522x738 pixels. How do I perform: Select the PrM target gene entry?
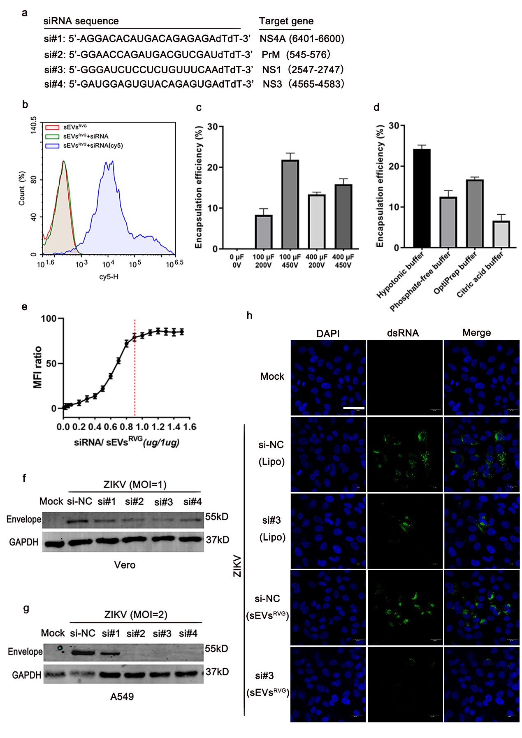tap(271, 54)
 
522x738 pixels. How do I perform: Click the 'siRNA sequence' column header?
tap(81, 21)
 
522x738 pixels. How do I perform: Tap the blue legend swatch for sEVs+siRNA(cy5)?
tap(52, 146)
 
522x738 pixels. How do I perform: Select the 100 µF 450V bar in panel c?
tap(290, 204)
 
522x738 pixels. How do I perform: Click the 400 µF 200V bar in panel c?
tap(317, 221)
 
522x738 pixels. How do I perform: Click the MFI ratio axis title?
tap(38, 367)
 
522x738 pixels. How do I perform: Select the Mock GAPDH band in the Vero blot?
tap(53, 543)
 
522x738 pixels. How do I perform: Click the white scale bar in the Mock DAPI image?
tap(353, 408)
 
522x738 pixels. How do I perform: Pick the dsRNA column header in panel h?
tap(403, 333)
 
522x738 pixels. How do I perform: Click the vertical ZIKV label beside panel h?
tap(237, 566)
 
